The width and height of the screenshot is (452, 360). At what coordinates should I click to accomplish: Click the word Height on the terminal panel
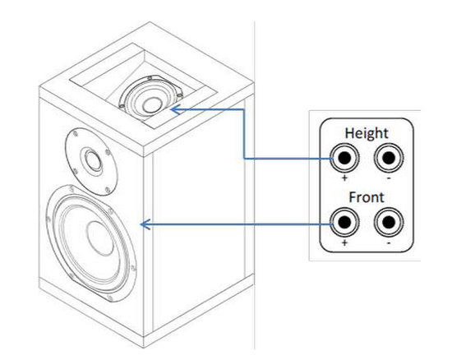367,134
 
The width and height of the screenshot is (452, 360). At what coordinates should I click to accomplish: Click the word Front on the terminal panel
367,197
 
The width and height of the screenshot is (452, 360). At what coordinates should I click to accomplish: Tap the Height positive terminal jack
344,158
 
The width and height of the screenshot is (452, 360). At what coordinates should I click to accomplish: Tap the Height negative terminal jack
389,158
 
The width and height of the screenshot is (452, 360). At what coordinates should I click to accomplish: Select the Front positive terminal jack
344,222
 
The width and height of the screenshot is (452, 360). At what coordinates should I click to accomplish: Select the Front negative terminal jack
389,222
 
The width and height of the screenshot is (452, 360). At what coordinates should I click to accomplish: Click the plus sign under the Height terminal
345,178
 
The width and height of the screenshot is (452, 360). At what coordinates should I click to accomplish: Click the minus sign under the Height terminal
389,178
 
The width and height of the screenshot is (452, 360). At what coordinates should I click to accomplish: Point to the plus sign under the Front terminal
345,242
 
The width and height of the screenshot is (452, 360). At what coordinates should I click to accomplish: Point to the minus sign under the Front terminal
389,243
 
